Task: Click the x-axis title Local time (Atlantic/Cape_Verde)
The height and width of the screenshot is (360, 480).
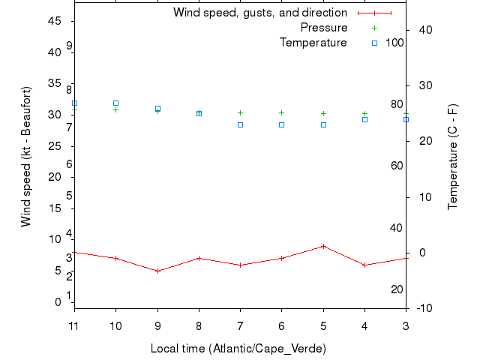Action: coord(238,349)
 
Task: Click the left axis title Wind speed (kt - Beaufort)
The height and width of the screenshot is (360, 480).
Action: coord(26,156)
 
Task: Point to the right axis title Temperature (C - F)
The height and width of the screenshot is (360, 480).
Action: coord(454,157)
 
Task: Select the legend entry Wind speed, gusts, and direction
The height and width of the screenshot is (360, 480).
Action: coord(259,13)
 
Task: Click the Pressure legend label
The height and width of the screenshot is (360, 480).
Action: coord(323,28)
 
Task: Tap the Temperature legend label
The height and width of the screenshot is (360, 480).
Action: coord(313,43)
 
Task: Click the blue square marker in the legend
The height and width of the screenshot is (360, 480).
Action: coord(374,43)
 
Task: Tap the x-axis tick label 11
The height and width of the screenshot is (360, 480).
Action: coord(74,325)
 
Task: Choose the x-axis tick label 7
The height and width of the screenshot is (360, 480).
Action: coord(240,325)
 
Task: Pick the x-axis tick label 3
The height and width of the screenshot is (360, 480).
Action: coord(406,325)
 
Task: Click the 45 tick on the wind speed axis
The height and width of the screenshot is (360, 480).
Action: coord(54,21)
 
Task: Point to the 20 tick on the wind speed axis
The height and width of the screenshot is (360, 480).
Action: coord(54,177)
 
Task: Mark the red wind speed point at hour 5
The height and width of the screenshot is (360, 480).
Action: coord(323,246)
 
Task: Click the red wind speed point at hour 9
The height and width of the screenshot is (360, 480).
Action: coord(157,271)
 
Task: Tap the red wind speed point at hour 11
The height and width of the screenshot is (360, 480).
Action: coord(75,252)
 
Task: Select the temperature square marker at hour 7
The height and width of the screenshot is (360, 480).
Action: coord(240,124)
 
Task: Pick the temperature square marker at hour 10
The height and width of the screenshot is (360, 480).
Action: coord(115,103)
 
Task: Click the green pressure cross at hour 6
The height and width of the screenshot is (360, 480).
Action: coord(282,112)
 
